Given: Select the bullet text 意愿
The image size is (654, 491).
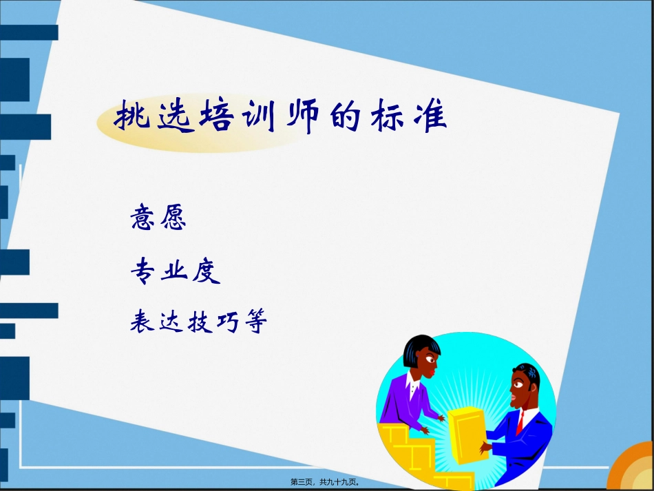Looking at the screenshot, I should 158,219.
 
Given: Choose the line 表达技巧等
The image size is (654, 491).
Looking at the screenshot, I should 198,322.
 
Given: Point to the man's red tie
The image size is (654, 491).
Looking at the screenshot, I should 521,419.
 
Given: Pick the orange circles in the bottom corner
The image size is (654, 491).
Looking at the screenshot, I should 633,468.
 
